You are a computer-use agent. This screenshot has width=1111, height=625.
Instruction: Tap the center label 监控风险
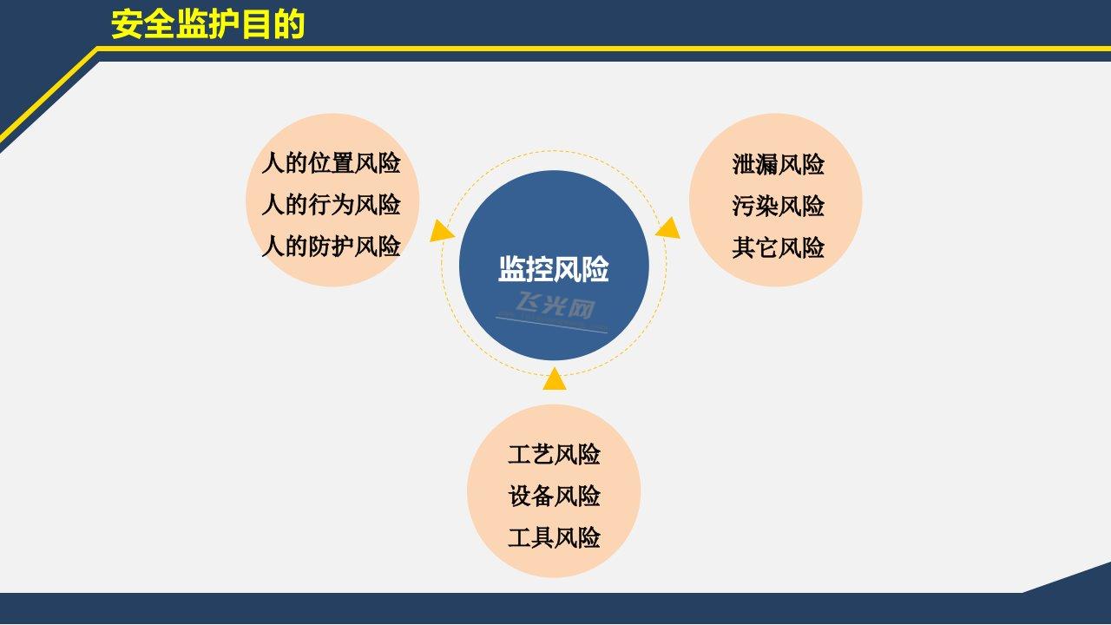[x=554, y=269]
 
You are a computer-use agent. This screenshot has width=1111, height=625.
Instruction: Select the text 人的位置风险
[x=331, y=163]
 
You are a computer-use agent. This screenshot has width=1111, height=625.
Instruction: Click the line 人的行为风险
[x=331, y=205]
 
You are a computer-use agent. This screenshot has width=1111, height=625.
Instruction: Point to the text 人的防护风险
[x=331, y=247]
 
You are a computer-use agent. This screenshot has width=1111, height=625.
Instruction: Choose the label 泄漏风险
[x=778, y=165]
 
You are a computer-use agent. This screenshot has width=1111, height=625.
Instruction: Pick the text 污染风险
[x=778, y=207]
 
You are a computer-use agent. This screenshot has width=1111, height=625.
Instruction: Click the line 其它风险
[x=778, y=248]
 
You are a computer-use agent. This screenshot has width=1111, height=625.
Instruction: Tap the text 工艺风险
[x=554, y=455]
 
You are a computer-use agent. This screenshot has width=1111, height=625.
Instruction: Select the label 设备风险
[x=554, y=497]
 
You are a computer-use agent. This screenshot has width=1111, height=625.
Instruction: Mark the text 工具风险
[x=554, y=538]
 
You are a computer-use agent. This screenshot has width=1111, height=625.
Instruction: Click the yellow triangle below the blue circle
[x=555, y=379]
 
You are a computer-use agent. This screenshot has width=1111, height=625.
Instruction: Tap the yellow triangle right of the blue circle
[x=668, y=227]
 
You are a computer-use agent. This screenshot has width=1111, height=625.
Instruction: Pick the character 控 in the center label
[x=540, y=269]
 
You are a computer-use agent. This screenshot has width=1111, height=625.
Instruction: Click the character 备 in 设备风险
[x=542, y=497]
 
